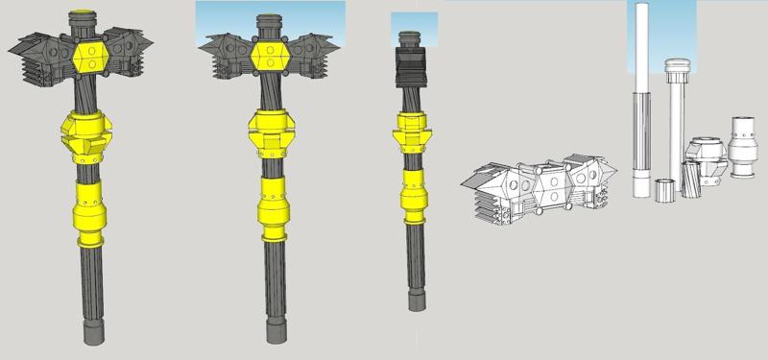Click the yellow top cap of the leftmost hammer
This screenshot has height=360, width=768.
tap(84, 16)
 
